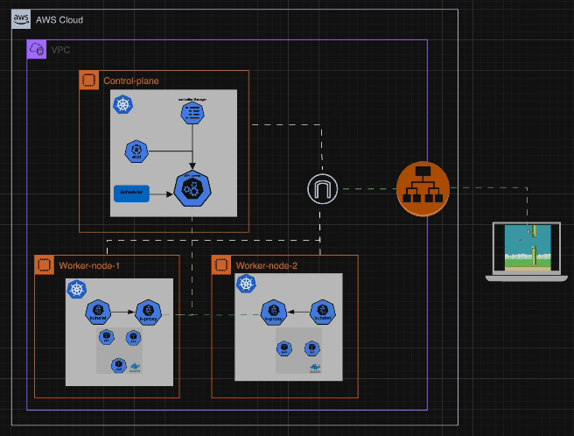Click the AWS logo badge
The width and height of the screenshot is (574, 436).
click(21, 18)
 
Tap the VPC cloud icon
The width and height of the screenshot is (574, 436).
click(37, 50)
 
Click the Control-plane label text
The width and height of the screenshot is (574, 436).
click(131, 81)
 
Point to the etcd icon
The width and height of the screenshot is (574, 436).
click(136, 151)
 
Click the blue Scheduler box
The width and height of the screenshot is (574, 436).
click(130, 191)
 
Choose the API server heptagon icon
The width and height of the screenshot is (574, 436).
click(192, 189)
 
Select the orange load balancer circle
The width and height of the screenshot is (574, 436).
click(423, 188)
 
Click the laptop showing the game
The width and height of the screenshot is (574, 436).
click(527, 252)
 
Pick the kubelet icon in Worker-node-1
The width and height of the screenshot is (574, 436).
click(96, 311)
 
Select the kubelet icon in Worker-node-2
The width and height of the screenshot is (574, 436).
click(324, 311)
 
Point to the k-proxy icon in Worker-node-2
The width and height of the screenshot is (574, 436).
click(274, 311)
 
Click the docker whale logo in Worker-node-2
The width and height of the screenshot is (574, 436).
click(315, 368)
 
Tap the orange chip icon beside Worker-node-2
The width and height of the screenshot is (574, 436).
click(221, 264)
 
